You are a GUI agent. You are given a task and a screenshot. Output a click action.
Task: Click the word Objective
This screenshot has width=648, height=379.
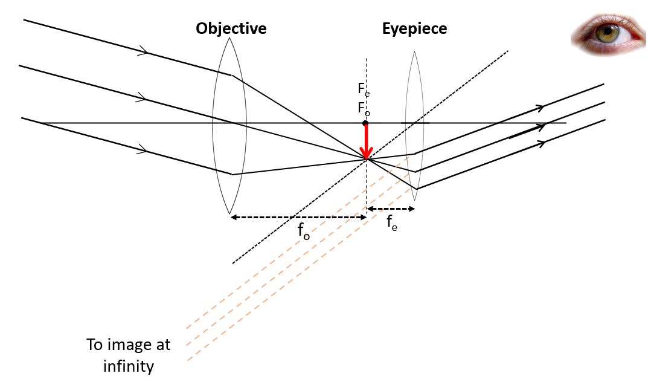(231, 28)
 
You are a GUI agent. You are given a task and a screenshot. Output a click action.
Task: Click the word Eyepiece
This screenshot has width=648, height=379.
(414, 28)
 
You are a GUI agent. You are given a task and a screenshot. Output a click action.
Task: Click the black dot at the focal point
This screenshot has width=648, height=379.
(365, 123)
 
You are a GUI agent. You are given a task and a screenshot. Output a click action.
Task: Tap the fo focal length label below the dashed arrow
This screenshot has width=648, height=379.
(303, 232)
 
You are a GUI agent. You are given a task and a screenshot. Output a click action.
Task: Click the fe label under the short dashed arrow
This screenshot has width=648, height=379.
(391, 223)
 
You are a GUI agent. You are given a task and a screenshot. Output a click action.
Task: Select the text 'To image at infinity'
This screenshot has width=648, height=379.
(128, 355)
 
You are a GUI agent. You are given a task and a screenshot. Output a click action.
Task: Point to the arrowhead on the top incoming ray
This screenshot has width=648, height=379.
(143, 51)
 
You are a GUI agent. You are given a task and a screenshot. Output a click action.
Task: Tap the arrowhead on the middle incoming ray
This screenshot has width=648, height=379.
(142, 97)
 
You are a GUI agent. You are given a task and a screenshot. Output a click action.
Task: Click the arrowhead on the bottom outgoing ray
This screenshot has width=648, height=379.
(541, 143)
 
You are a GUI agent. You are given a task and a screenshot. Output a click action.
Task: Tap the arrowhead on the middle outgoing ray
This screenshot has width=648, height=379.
(541, 126)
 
